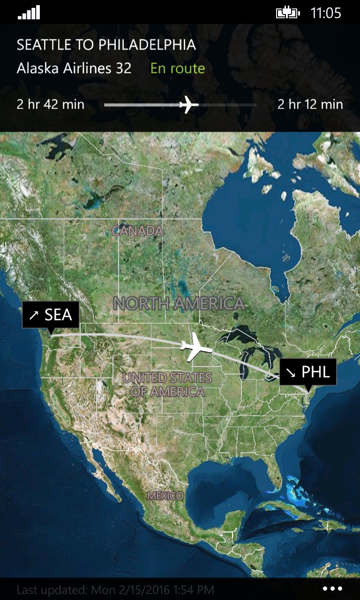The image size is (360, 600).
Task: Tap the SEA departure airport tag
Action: click(51, 315)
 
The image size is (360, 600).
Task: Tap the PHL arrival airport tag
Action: click(308, 372)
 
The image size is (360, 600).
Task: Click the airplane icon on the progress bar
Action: click(188, 104)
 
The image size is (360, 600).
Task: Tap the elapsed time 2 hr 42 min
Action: click(51, 104)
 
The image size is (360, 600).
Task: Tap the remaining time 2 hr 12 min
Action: click(310, 104)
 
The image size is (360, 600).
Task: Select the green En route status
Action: click(178, 68)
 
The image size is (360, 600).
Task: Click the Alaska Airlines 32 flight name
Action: click(74, 68)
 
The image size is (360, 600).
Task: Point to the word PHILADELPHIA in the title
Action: click(147, 45)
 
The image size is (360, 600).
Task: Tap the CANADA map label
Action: click(138, 231)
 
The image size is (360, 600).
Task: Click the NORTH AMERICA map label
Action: click(179, 303)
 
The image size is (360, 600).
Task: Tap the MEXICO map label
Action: click(165, 495)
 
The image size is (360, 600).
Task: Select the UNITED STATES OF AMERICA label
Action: click(167, 384)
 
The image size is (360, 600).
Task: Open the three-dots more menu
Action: click(332, 589)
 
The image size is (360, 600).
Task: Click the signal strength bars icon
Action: click(29, 13)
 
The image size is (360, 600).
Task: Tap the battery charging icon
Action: click(287, 13)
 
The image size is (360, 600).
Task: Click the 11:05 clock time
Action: click(326, 13)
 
